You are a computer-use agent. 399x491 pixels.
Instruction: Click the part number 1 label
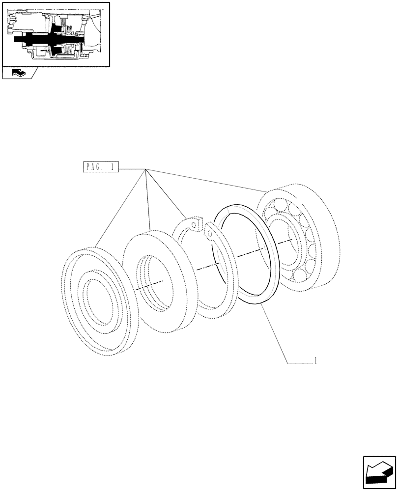[x=315, y=361]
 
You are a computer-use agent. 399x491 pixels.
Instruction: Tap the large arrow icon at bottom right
[x=379, y=473]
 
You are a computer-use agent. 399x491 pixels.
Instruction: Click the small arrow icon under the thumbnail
[x=18, y=73]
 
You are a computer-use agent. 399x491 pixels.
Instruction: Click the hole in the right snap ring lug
[x=209, y=233]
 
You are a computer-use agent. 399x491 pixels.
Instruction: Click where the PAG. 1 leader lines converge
[x=145, y=169]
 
